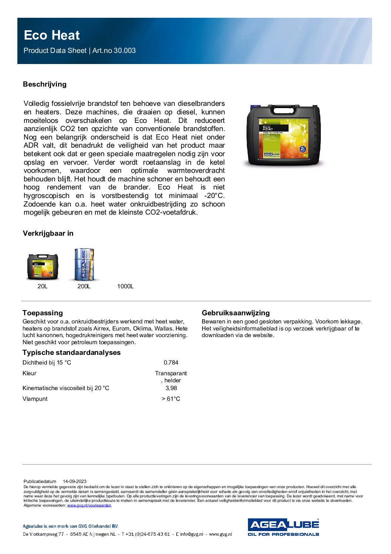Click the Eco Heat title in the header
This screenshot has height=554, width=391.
click(x=52, y=36)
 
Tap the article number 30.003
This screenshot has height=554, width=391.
click(x=125, y=51)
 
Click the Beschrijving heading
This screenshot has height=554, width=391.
click(x=45, y=84)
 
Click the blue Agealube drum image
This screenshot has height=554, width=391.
click(x=84, y=264)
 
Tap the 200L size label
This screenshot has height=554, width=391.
click(x=84, y=286)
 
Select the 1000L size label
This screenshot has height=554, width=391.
click(x=125, y=286)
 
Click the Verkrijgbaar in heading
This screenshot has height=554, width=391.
click(x=48, y=234)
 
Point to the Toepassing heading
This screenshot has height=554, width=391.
click(x=42, y=313)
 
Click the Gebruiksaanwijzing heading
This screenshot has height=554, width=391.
click(x=236, y=313)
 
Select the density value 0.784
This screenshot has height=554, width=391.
click(x=171, y=363)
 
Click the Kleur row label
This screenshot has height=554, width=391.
click(x=30, y=373)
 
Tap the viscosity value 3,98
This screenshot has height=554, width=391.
click(x=171, y=388)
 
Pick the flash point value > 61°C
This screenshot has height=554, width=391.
click(x=171, y=399)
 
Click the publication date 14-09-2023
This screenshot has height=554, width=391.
click(x=75, y=481)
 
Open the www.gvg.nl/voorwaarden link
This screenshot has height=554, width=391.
click(x=89, y=505)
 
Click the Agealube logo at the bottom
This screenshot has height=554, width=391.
click(x=283, y=527)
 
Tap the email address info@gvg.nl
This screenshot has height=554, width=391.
click(x=191, y=534)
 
